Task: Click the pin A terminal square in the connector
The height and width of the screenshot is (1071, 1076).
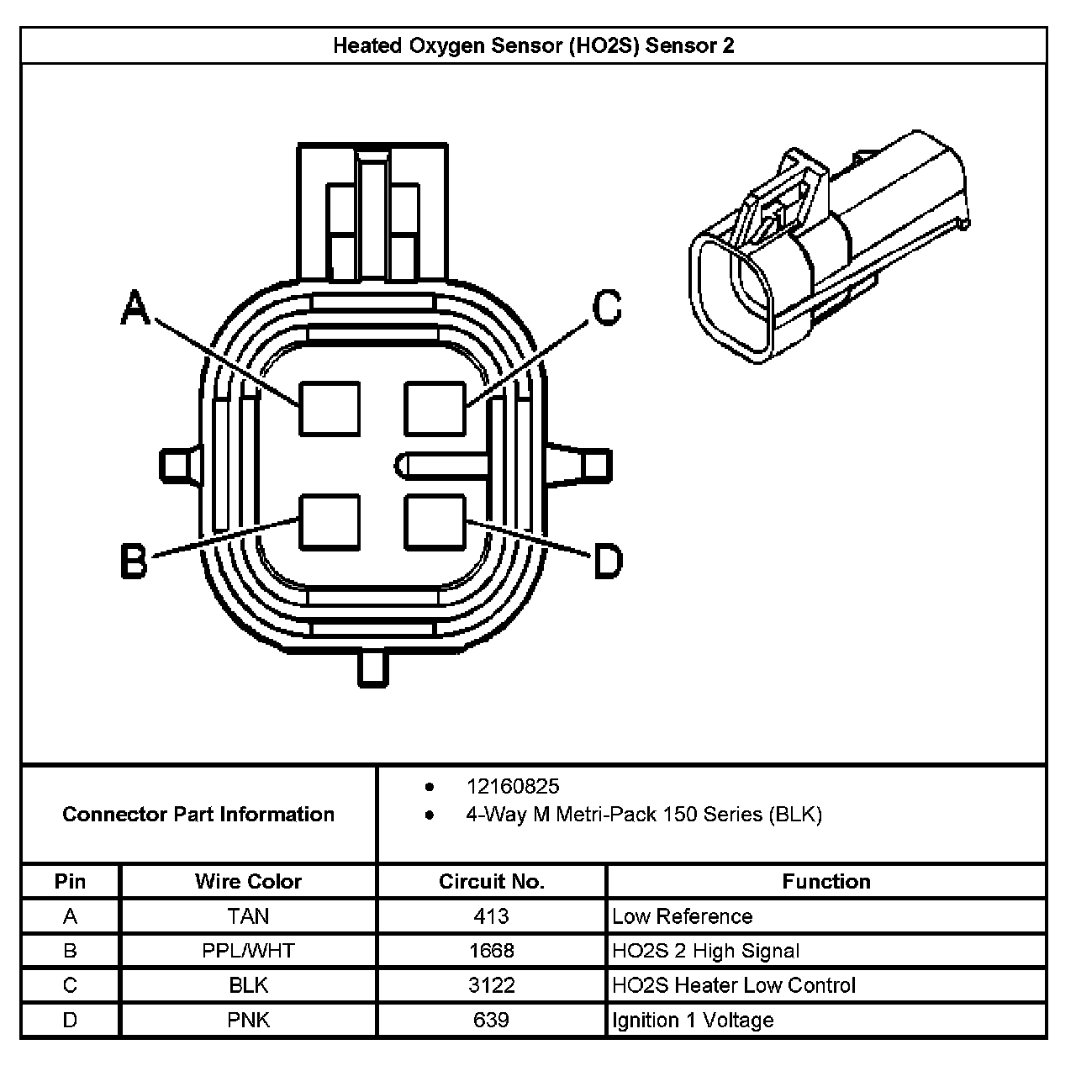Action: (330, 409)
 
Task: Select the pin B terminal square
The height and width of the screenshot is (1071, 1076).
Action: (330, 521)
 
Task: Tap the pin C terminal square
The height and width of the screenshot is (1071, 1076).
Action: (435, 409)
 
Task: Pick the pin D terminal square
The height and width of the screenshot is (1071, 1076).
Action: (435, 521)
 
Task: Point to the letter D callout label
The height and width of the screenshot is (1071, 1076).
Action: (608, 562)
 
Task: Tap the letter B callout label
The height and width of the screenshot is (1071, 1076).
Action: (134, 562)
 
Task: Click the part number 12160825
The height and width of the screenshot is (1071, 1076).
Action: (513, 787)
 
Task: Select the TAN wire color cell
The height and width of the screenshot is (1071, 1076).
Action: (248, 916)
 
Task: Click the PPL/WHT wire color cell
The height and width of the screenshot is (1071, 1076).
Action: (248, 951)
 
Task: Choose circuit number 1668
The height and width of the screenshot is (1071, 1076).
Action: (491, 951)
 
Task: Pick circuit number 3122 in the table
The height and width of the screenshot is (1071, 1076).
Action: (491, 985)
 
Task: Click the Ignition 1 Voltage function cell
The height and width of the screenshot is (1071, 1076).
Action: (693, 1020)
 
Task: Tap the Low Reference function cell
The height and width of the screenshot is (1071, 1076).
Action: (682, 916)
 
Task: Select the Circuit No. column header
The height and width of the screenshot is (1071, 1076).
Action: (491, 881)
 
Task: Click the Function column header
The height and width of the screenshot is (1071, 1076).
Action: (825, 881)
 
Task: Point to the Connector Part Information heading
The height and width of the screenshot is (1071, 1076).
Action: (198, 814)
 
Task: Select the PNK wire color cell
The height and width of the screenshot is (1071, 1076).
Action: (248, 1020)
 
